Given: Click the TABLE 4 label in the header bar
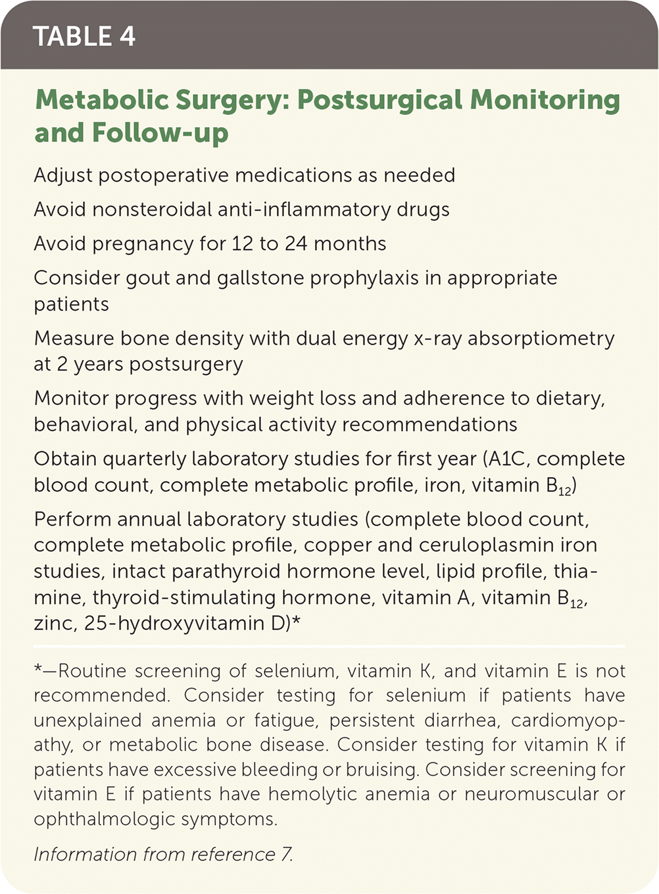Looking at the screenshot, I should [x=84, y=36].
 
